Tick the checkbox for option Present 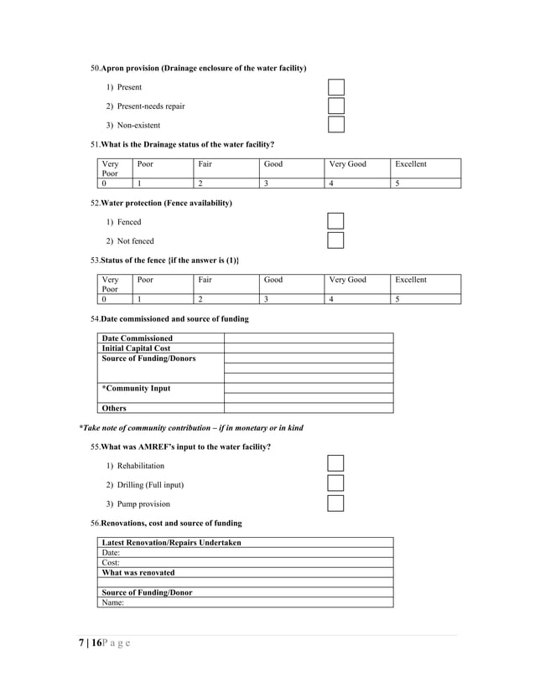335,87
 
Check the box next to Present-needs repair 335,106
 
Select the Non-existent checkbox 335,125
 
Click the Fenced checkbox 335,222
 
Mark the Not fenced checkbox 335,241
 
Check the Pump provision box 335,504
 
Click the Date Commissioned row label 138,338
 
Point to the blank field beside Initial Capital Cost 308,348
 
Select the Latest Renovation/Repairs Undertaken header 171,543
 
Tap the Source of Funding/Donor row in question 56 147,592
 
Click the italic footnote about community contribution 190,428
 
